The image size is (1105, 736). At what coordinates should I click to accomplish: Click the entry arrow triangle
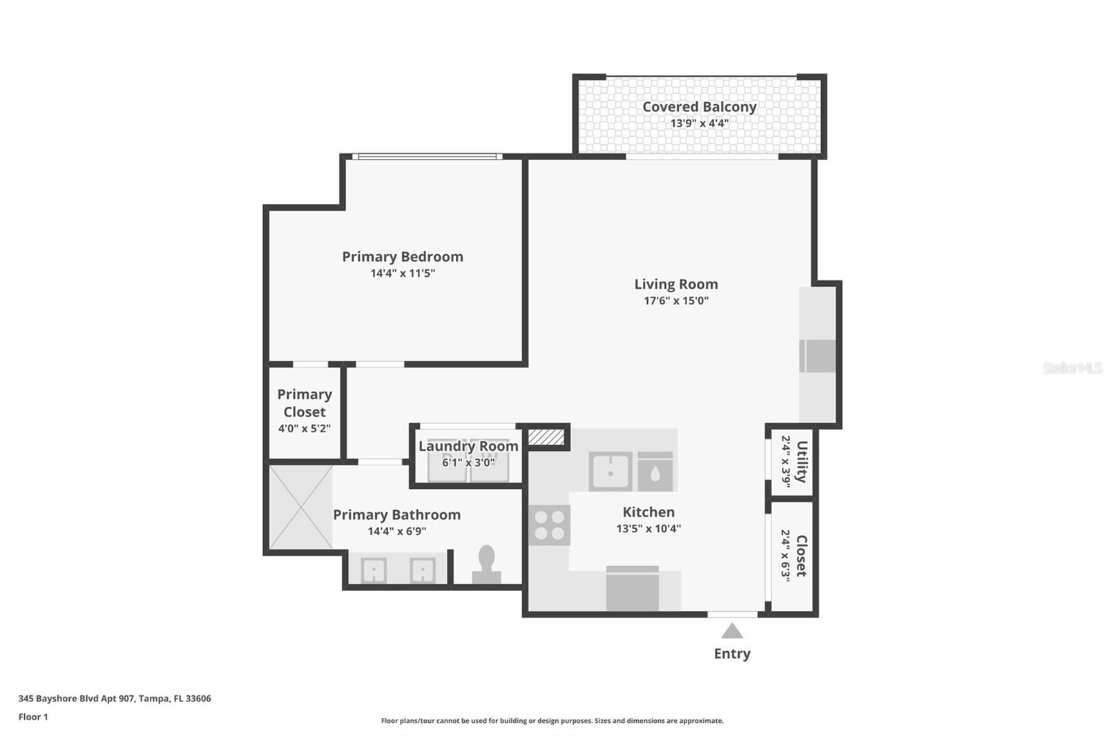pos(732,631)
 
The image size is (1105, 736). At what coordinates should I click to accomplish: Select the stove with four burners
pos(550,525)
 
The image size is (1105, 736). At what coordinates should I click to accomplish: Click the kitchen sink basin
pos(610,472)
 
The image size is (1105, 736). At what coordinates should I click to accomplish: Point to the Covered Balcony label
pos(699,107)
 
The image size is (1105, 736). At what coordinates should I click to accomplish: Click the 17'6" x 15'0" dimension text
pos(675,300)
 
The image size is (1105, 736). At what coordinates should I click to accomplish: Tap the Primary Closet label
pos(305,403)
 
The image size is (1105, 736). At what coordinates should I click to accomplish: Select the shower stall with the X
pos(300,507)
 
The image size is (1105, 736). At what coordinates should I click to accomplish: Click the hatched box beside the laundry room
pos(546,437)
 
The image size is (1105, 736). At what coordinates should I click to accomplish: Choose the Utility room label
pos(802,461)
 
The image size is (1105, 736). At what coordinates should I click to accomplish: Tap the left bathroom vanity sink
pos(374,570)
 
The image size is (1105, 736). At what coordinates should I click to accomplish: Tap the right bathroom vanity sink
pos(422,570)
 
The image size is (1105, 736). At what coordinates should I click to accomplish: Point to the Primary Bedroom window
pos(427,157)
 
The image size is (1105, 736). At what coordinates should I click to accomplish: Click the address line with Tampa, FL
pos(115,698)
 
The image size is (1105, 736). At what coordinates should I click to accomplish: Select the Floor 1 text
pos(33,717)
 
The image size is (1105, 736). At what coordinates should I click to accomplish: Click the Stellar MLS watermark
pos(1072,368)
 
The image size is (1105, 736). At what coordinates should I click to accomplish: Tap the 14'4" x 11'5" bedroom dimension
pos(403,273)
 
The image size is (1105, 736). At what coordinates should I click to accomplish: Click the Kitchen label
pos(648,512)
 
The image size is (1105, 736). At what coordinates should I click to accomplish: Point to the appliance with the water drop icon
pos(655,472)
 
